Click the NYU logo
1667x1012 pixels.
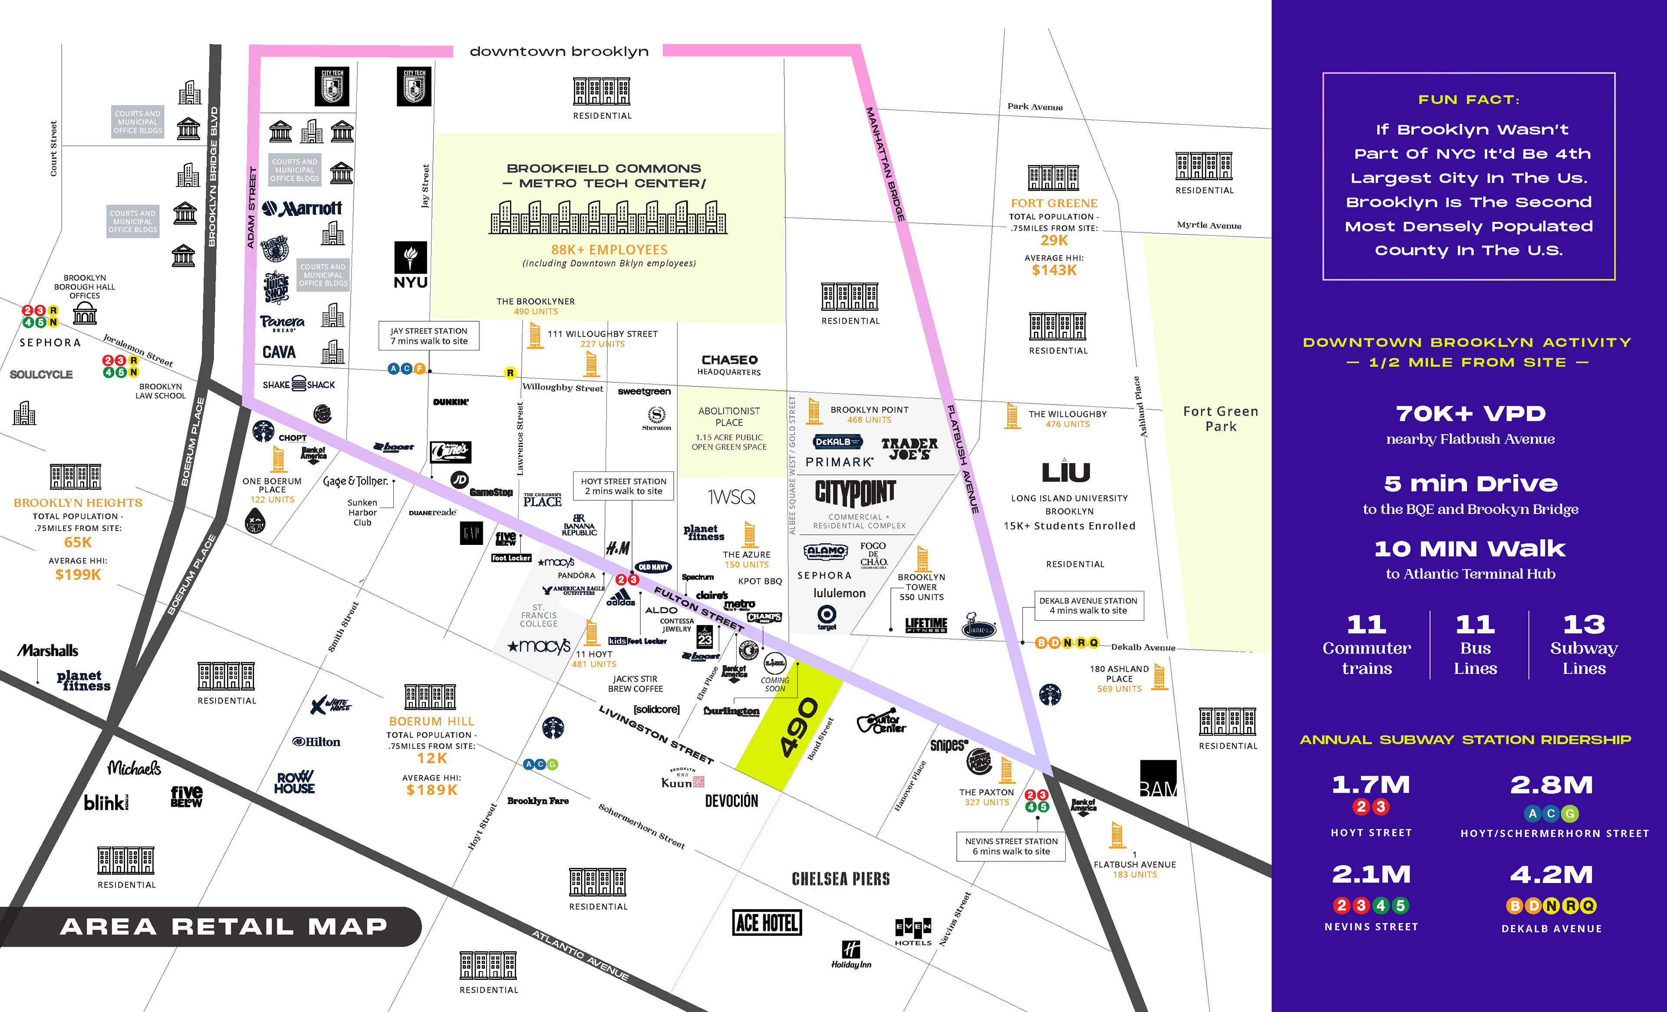coord(411,265)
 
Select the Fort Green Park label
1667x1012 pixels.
coord(1220,419)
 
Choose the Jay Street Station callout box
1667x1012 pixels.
coord(429,336)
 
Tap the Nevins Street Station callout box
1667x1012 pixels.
coord(1011,846)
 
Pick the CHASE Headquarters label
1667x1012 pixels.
coord(729,365)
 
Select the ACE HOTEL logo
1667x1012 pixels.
coord(767,923)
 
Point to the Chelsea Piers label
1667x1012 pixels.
coord(840,879)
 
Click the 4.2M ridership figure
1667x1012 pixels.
coord(1552,875)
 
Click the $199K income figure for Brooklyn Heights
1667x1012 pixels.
coord(78,575)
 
